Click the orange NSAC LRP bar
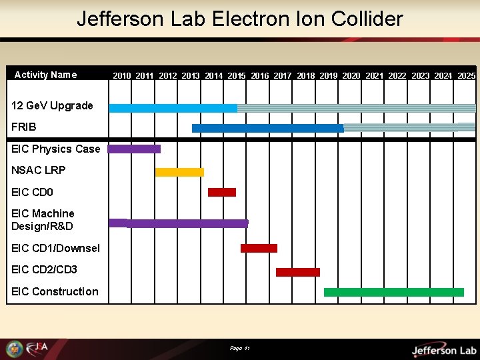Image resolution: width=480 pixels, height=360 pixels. pyautogui.click(x=179, y=172)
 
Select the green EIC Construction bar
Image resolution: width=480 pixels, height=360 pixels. pyautogui.click(x=393, y=292)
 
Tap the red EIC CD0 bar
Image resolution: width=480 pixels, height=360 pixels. pyautogui.click(x=222, y=192)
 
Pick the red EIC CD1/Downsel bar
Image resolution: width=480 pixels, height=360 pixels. pyautogui.click(x=259, y=248)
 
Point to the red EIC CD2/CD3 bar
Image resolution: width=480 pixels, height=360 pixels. pyautogui.click(x=298, y=272)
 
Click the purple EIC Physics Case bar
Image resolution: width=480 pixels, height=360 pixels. pyautogui.click(x=134, y=149)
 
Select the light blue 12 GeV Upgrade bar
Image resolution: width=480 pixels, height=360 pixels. pyautogui.click(x=173, y=108)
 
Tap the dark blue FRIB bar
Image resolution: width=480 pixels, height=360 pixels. pyautogui.click(x=267, y=128)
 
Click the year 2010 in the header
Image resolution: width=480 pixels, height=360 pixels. pyautogui.click(x=122, y=76)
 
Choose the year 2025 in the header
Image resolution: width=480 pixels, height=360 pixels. pyautogui.click(x=467, y=76)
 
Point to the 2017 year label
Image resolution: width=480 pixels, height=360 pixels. pyautogui.click(x=283, y=76)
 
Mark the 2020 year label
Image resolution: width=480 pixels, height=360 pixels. pyautogui.click(x=351, y=76)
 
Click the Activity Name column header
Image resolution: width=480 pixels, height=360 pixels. pyautogui.click(x=45, y=75)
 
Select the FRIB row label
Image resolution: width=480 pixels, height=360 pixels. pyautogui.click(x=24, y=127)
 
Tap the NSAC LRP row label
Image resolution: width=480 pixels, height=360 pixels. pyautogui.click(x=39, y=170)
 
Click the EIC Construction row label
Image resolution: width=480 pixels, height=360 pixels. pyautogui.click(x=55, y=291)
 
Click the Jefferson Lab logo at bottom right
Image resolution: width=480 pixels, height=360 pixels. pyautogui.click(x=443, y=349)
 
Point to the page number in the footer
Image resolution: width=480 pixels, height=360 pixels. pyautogui.click(x=239, y=348)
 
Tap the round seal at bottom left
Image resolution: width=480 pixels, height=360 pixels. pyautogui.click(x=15, y=349)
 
